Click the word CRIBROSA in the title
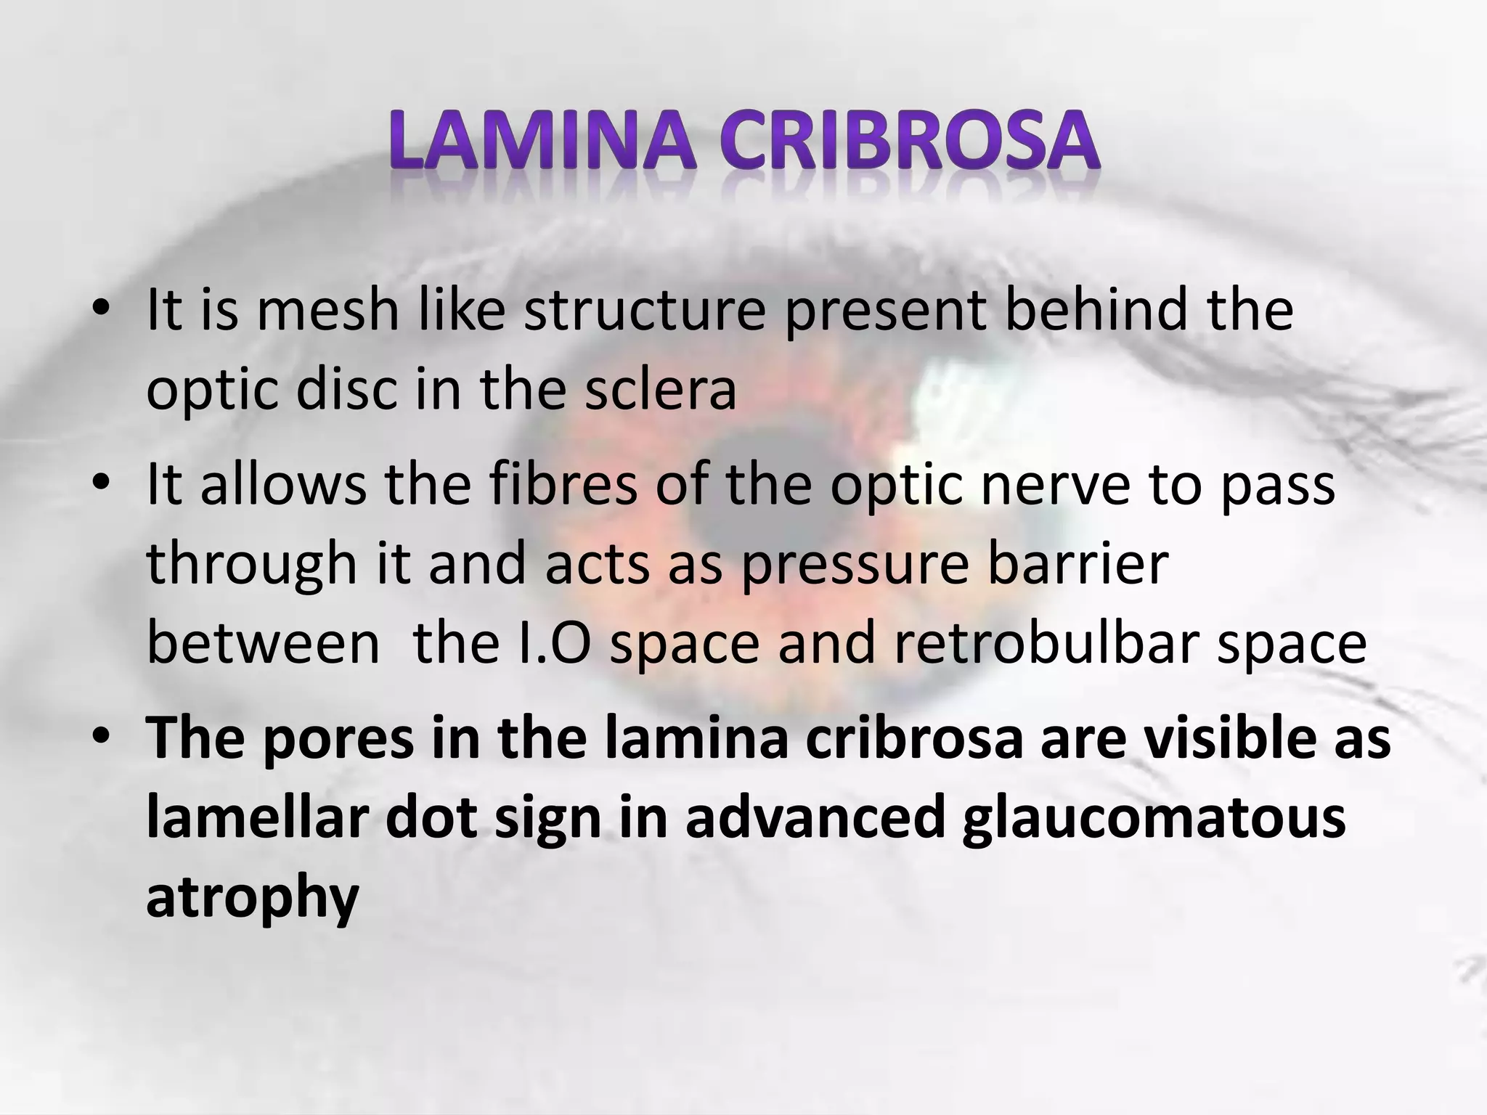(911, 140)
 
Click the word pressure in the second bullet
(855, 565)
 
